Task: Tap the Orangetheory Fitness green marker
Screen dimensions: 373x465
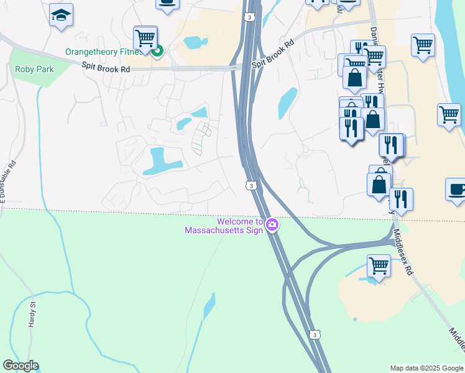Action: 157,52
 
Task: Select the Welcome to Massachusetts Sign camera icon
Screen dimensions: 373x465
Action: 272,225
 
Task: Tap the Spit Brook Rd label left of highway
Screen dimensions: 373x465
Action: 108,69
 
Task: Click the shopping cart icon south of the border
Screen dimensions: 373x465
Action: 379,265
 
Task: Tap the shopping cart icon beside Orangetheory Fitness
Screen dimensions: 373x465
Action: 145,37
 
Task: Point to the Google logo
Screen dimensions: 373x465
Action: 20,366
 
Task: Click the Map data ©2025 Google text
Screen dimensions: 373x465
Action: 426,368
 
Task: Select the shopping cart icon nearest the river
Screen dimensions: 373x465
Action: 449,114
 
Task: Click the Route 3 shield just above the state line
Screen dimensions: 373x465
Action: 250,185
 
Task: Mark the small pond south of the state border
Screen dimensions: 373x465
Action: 209,306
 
